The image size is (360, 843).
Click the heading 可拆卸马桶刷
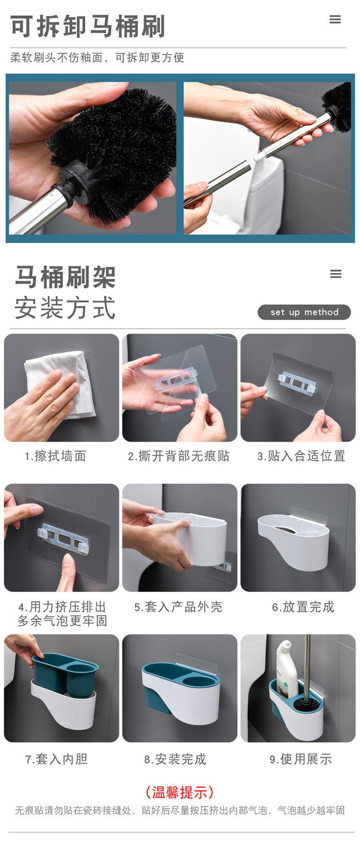(88, 26)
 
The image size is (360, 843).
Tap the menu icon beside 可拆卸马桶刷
(335, 20)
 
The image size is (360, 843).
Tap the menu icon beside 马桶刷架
(336, 274)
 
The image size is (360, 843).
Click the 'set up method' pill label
(304, 312)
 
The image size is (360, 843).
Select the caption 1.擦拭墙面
(56, 456)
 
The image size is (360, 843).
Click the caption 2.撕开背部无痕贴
(179, 456)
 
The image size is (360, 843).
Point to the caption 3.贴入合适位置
(301, 456)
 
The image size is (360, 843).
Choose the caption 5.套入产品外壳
(178, 607)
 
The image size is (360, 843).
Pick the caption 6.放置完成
(303, 607)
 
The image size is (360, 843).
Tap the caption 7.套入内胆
(56, 759)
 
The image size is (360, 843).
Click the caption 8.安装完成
(175, 759)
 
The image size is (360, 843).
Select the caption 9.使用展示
(301, 759)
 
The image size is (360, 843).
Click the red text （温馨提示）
(180, 792)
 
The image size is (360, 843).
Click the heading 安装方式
(65, 308)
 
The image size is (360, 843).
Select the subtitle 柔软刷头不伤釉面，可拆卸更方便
(97, 58)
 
